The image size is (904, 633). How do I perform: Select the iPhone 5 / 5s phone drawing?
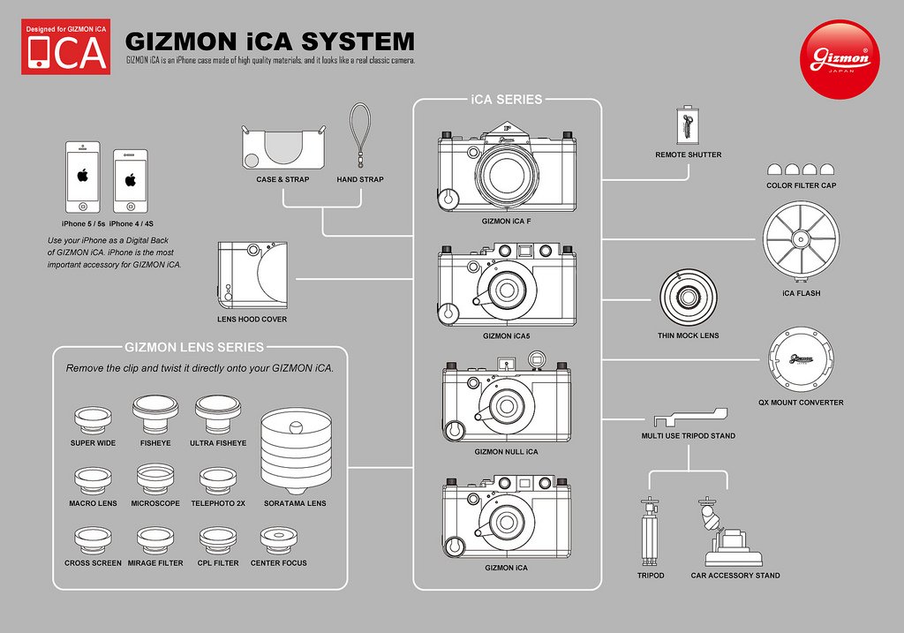click(82, 177)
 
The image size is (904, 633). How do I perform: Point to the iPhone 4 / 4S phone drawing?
click(130, 180)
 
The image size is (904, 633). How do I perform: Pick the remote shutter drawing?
click(688, 125)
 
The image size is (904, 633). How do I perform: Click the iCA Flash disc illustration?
click(801, 239)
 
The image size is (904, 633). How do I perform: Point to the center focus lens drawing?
click(279, 540)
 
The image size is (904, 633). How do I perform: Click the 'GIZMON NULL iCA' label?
click(506, 451)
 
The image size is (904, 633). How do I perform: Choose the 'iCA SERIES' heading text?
click(507, 100)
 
